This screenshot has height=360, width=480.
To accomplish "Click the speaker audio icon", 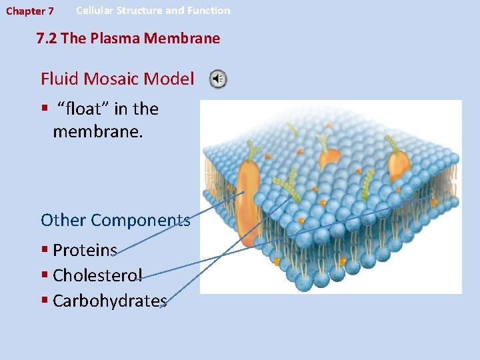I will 218,79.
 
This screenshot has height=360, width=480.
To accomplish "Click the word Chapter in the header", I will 23,11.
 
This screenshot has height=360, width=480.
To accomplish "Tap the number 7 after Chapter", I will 51,11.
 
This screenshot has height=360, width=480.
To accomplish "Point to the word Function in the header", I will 209,11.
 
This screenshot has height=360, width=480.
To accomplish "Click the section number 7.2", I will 47,39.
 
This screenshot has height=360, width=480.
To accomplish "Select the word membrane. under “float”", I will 97,132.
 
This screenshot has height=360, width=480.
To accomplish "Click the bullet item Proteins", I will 85,250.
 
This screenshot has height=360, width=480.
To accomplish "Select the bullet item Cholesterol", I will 97,275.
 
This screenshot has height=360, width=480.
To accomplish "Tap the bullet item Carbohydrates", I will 109,301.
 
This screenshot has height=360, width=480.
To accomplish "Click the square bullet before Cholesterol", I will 45,275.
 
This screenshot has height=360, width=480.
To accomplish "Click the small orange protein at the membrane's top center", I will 329,158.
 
